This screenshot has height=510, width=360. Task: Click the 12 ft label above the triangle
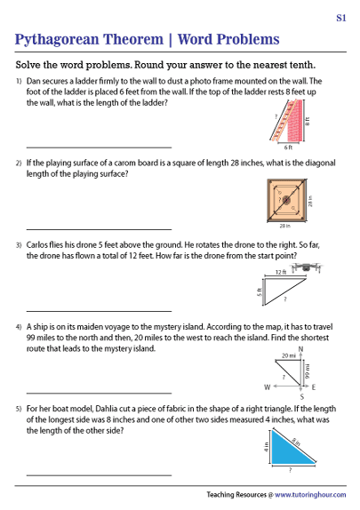click(x=280, y=273)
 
